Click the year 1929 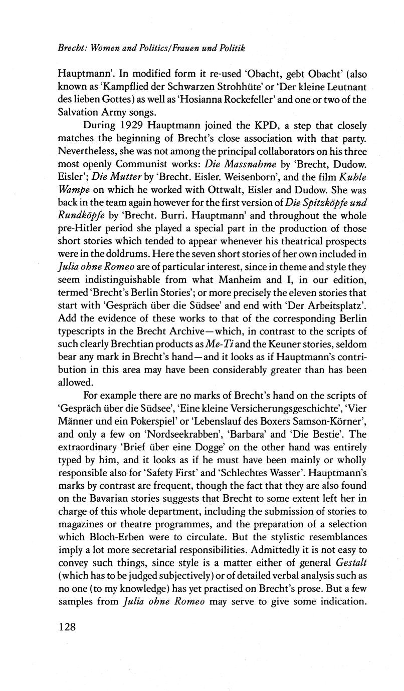(150, 125)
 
